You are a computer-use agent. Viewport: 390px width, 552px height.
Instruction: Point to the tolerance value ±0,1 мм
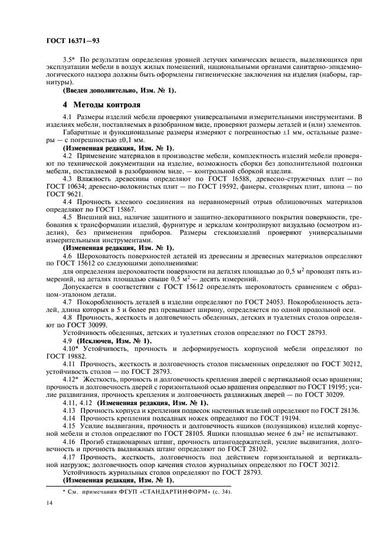click(x=123, y=140)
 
